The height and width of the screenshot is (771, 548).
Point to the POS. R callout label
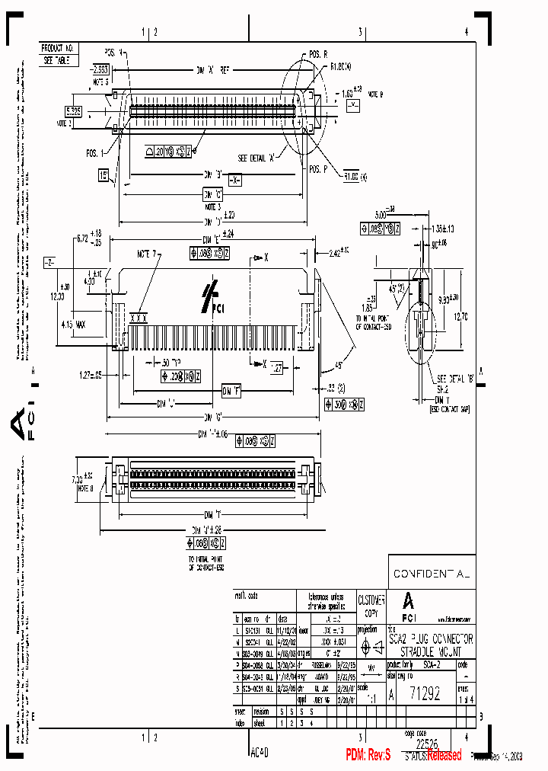coord(318,55)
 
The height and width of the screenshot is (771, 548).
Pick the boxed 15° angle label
coord(103,175)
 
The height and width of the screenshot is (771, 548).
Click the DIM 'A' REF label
coord(212,69)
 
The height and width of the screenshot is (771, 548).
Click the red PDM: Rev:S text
coord(368,754)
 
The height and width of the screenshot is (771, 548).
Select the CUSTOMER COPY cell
coord(371,605)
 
